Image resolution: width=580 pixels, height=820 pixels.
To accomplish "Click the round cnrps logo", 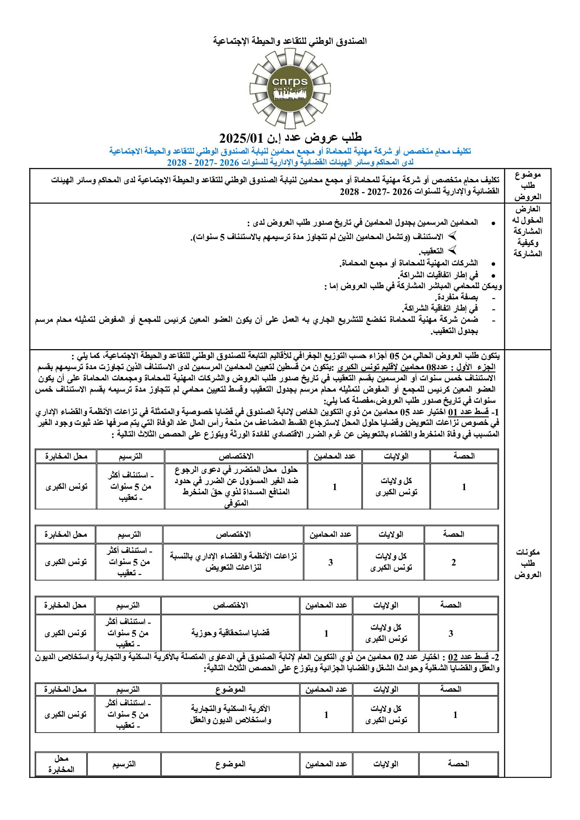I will click(290, 89).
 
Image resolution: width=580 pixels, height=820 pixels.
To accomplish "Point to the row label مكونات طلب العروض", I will click(527, 563).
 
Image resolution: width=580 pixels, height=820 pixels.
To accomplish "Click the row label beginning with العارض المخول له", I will click(527, 231).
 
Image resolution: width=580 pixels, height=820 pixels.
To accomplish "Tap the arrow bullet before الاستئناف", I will click(452, 236).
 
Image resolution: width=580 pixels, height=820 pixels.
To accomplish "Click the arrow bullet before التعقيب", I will click(452, 250).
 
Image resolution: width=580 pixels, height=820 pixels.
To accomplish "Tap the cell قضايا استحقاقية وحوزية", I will click(230, 633).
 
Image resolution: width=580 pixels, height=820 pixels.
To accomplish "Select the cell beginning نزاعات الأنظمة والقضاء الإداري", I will click(233, 561).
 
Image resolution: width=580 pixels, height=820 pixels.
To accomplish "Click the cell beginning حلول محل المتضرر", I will click(236, 486).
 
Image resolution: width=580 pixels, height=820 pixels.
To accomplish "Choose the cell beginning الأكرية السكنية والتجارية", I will click(230, 714).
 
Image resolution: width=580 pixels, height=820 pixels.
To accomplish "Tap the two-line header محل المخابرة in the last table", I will click(61, 764).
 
